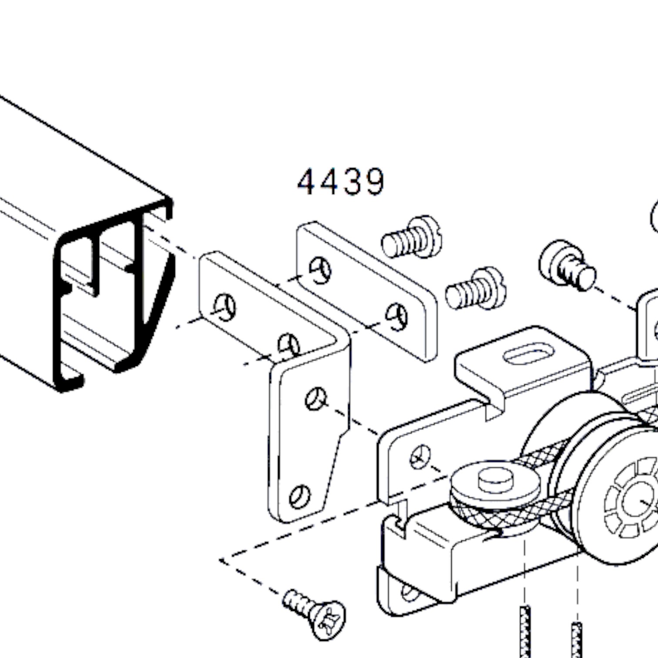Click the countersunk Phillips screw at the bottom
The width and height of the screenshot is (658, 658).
coord(314,614)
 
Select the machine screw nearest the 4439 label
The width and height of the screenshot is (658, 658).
coord(412,238)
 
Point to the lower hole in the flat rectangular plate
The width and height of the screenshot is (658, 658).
coord(396,317)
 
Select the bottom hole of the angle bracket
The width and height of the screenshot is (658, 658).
coord(299,497)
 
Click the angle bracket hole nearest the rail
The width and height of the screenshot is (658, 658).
coord(225,307)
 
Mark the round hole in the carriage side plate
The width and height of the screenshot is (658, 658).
coord(420,457)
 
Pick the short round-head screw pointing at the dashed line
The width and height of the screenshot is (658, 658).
coord(567,265)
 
